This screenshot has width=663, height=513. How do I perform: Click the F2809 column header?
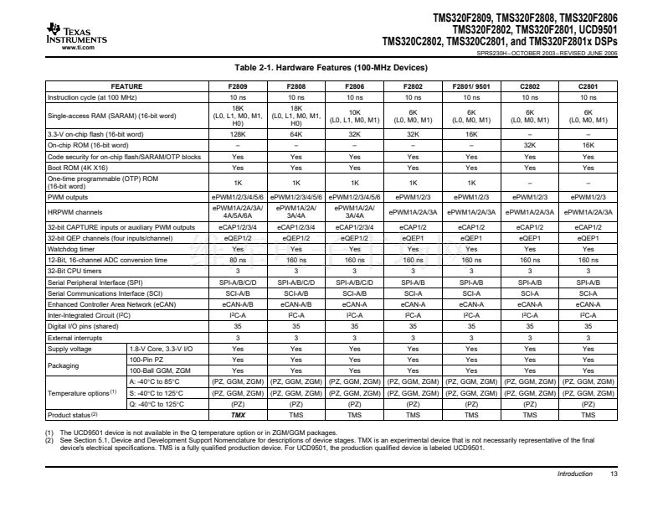(238, 86)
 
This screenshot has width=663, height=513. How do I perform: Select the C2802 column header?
(530, 86)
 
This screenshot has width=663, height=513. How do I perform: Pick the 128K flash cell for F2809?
(238, 134)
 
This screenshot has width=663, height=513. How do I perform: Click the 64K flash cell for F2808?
(296, 134)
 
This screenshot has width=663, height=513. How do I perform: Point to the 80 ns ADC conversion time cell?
(238, 260)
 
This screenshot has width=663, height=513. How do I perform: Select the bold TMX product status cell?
(238, 415)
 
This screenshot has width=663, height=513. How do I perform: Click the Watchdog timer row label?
(71, 249)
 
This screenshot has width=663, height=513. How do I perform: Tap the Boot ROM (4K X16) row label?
(75, 168)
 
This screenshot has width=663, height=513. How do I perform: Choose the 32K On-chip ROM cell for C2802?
(530, 145)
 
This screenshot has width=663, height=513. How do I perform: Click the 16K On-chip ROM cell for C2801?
(588, 145)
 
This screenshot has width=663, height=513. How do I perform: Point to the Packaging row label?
(63, 365)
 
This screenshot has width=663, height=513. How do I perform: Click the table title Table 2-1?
(332, 68)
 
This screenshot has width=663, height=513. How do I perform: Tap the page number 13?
(614, 474)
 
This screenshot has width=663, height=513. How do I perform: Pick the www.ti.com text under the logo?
(77, 48)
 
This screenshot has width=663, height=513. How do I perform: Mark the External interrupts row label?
(75, 337)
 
